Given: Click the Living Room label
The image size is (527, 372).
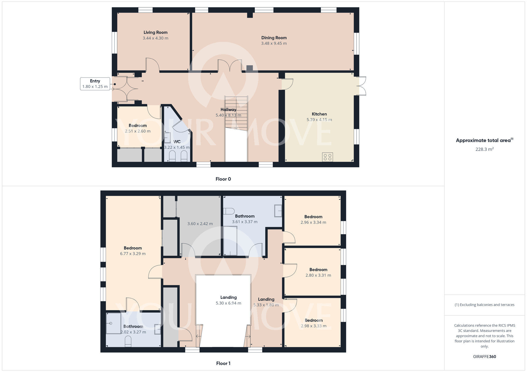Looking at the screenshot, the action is (x=155, y=32).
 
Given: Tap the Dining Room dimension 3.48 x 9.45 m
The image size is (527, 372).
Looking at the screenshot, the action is (x=274, y=43).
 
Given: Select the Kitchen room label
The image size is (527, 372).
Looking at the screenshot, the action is (x=319, y=114).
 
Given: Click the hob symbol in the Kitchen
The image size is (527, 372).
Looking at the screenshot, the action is (x=328, y=157).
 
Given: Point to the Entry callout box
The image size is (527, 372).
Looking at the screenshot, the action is (x=95, y=84).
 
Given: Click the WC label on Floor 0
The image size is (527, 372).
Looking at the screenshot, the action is (x=177, y=142).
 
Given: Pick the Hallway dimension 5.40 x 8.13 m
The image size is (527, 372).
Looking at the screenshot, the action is (x=228, y=115).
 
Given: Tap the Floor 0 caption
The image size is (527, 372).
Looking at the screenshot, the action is (x=223, y=179).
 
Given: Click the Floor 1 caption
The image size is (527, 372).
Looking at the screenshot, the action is (x=223, y=363).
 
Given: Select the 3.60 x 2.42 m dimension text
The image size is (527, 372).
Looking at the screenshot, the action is (x=200, y=224).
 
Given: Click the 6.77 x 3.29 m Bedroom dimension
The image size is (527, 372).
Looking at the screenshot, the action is (x=133, y=254).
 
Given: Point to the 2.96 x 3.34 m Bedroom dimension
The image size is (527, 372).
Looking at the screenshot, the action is (x=313, y=223).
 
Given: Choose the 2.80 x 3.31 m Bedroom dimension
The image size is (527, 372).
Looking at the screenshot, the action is (x=318, y=275).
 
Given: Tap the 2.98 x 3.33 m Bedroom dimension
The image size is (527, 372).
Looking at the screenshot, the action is (x=314, y=326).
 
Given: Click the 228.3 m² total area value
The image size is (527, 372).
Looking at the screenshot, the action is (x=485, y=149).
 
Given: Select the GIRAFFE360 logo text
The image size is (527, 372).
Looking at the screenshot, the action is (x=485, y=357).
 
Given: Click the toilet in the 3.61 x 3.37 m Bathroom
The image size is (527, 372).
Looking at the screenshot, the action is (x=229, y=211).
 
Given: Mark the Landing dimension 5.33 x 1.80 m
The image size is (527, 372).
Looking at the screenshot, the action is (x=266, y=305).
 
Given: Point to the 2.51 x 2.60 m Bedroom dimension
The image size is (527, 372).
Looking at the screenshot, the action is (x=138, y=131).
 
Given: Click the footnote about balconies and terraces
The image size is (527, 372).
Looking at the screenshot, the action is (x=485, y=305).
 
